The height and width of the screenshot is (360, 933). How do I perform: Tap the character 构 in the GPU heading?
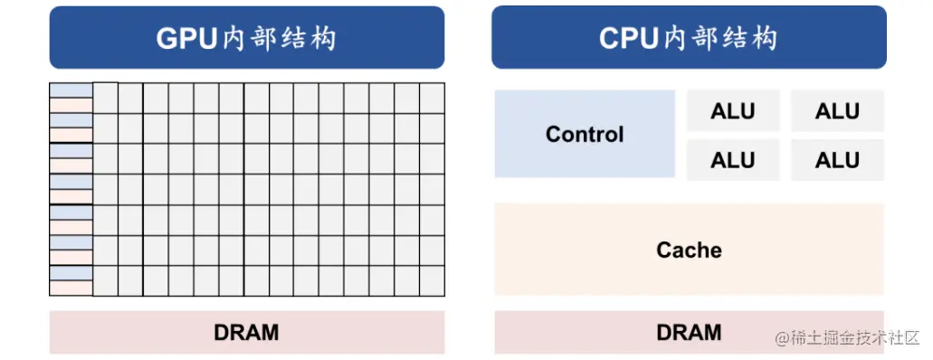point(322,39)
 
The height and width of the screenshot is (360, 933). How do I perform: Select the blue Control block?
point(585,134)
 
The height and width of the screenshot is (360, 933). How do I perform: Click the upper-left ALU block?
point(733,111)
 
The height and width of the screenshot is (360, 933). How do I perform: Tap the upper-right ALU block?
point(837,111)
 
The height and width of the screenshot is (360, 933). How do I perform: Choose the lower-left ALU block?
point(733,160)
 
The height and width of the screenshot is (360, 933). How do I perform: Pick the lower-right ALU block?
point(837,160)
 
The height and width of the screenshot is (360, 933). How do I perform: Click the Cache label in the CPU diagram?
point(689,250)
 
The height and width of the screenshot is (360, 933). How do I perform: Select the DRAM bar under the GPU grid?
point(246,332)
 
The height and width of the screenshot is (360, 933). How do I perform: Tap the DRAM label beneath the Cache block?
point(689,332)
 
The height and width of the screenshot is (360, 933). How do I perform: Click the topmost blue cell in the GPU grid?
point(71,90)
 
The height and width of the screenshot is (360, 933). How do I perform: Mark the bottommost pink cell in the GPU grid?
point(71,288)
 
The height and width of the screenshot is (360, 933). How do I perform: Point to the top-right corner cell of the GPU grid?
point(432,98)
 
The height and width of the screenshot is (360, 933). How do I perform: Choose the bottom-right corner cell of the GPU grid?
point(432,280)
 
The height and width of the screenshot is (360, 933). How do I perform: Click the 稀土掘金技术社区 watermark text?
point(856,338)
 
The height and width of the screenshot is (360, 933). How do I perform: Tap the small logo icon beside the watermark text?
point(782,338)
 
